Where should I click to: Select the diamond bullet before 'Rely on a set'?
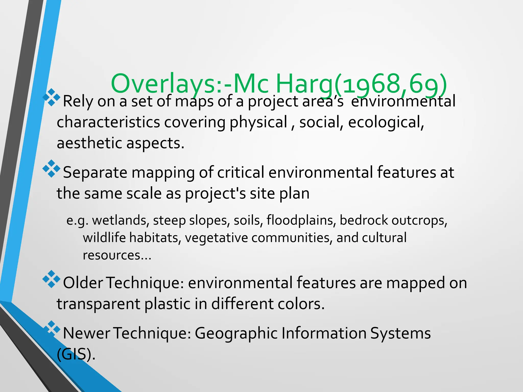tap(51, 97)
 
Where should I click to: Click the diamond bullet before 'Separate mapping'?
tap(51, 168)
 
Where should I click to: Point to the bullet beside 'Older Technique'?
tap(51, 279)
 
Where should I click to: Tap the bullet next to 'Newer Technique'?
tap(51, 329)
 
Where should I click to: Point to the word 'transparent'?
tap(98, 304)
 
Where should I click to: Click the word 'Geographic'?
tap(236, 334)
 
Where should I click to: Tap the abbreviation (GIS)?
tap(76, 354)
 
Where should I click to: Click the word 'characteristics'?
tap(108, 122)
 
